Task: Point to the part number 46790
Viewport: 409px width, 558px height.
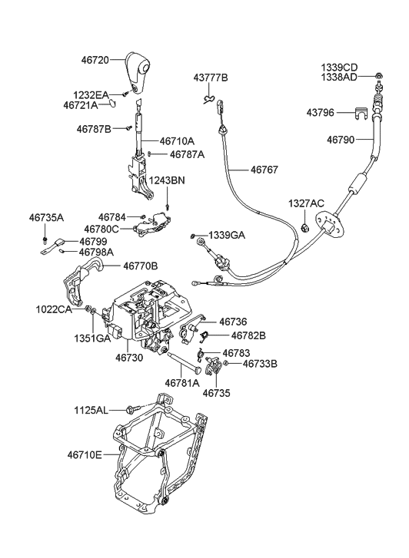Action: [341, 140]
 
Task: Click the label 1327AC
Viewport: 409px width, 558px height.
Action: [307, 203]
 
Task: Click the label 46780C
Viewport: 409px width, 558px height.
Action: [114, 229]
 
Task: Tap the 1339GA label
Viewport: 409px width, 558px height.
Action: [228, 235]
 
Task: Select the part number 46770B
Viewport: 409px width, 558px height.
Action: [140, 266]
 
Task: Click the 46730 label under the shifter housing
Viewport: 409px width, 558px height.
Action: [130, 358]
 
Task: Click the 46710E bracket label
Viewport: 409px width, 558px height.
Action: [85, 455]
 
